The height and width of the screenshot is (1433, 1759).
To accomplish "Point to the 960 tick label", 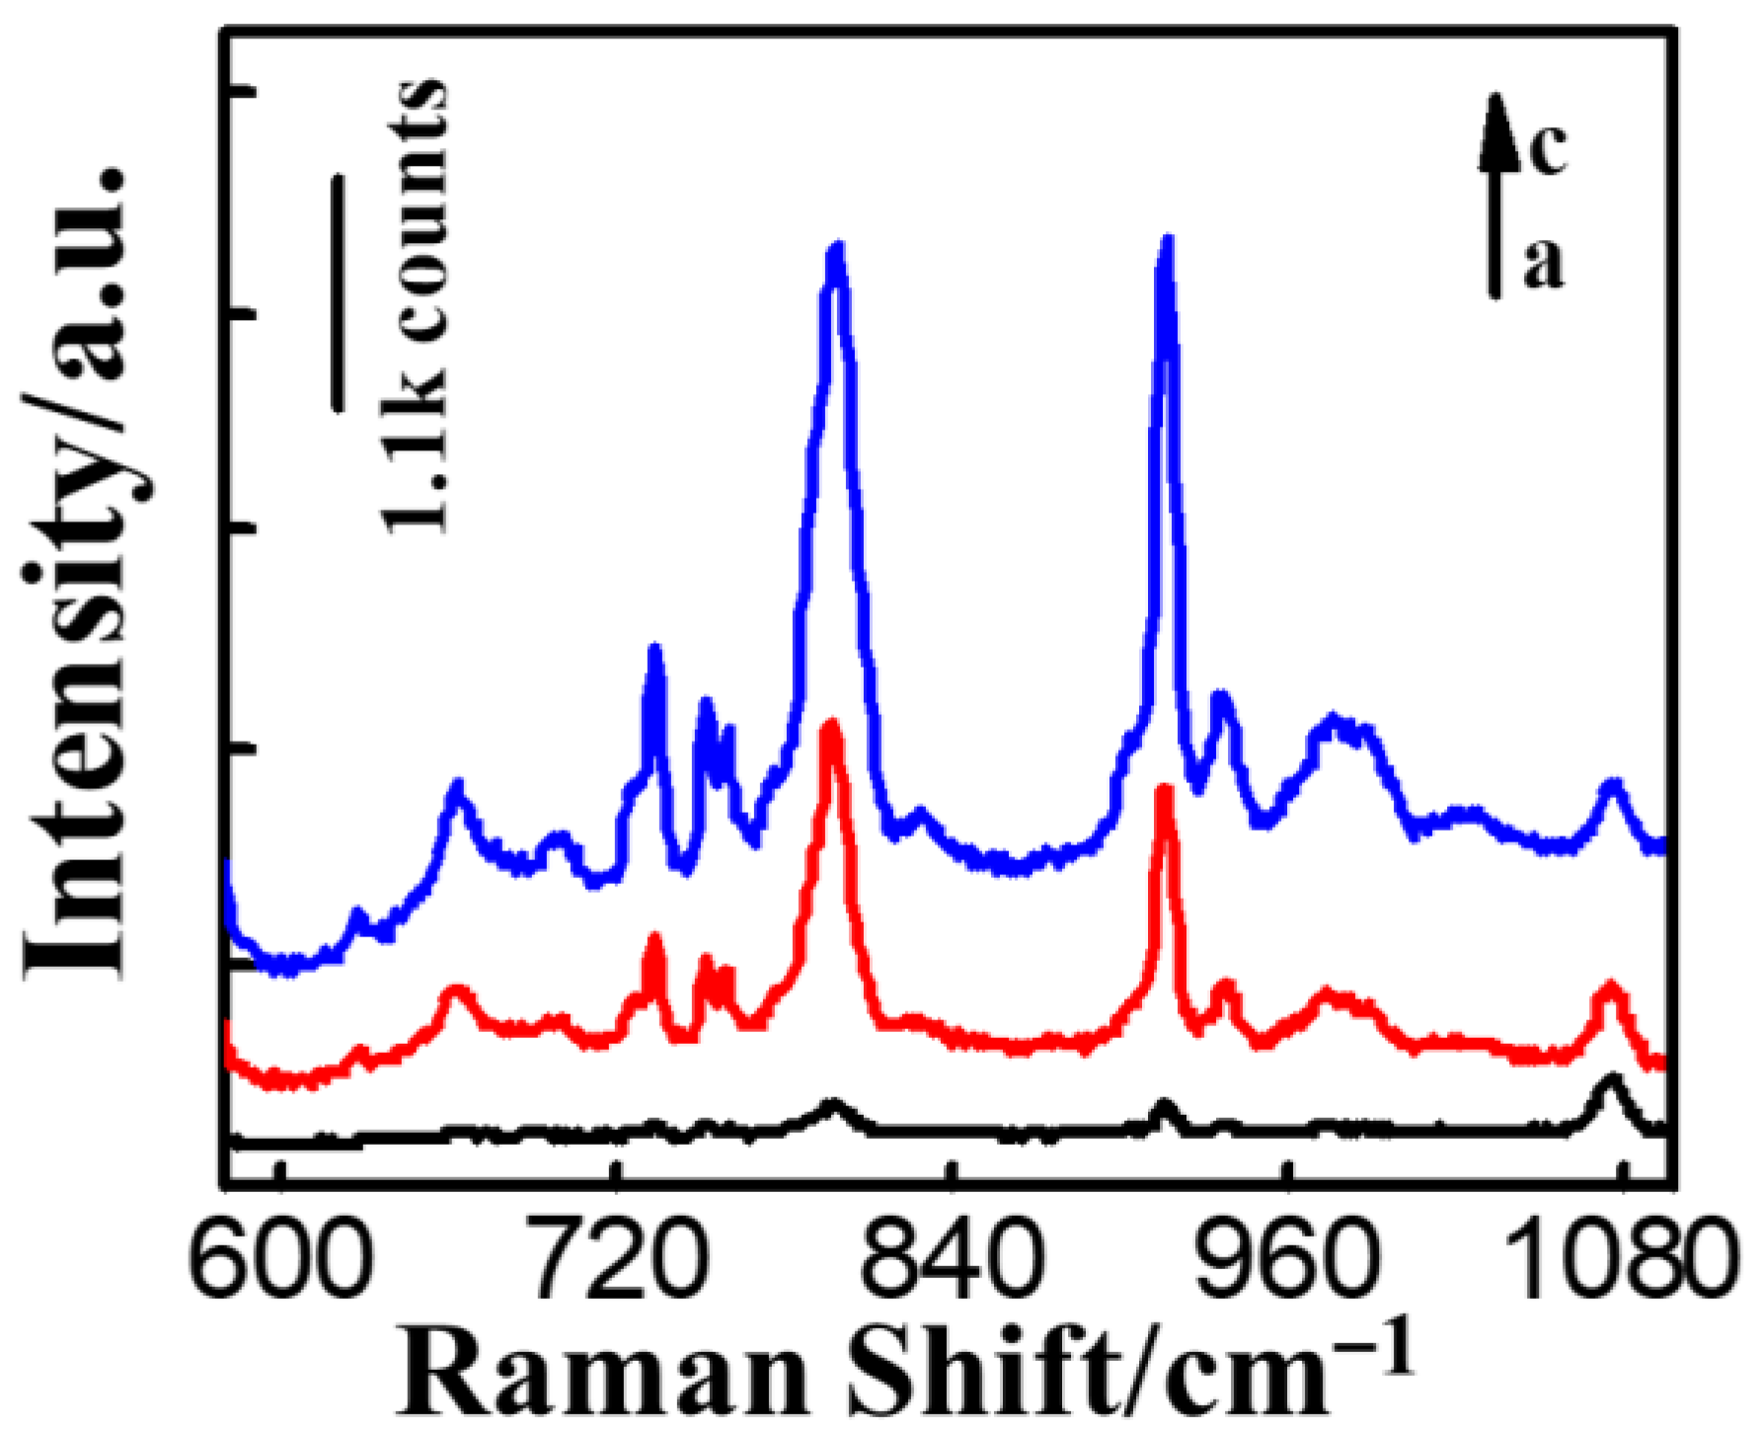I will (1286, 1267).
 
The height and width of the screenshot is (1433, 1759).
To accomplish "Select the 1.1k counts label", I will (413, 306).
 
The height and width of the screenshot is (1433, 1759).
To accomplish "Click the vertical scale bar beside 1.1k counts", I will (338, 292).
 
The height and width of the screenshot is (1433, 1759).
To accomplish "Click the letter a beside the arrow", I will (1543, 264).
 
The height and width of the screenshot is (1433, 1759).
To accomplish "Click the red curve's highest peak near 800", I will (831, 726).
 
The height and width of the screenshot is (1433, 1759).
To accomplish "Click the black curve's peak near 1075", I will (1611, 1079).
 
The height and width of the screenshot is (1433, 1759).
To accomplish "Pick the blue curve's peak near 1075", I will (1611, 785).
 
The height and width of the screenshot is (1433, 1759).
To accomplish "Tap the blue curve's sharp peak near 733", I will (653, 649).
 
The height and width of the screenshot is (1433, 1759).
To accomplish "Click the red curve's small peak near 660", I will (454, 991).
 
